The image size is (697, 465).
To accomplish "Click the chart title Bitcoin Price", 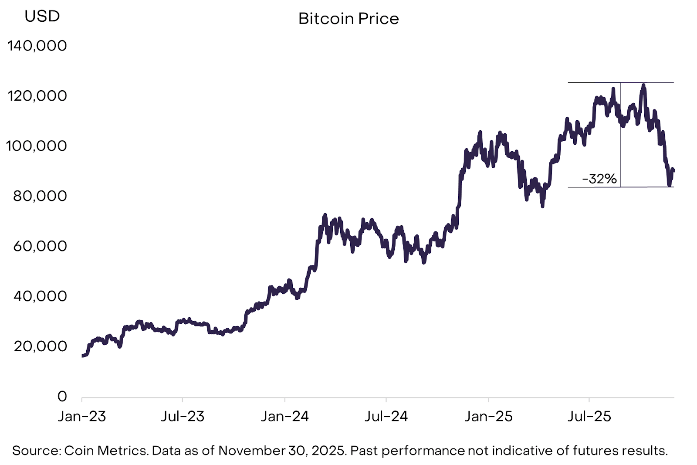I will point(348,19).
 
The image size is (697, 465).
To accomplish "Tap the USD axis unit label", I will point(42,16).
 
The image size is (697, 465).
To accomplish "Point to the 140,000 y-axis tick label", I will point(37,45).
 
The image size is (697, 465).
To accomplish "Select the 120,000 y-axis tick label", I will point(37,95).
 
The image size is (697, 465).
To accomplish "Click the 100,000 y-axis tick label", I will point(37,146).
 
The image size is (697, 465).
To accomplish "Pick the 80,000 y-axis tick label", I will point(40,196).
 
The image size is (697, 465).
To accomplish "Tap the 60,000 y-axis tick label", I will point(40,246).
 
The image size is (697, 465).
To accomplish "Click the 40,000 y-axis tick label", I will point(40,296).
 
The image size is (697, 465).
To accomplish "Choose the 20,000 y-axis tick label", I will point(40,346).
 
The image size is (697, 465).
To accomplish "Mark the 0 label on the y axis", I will point(62,396).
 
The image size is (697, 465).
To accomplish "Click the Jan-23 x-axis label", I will point(82,416).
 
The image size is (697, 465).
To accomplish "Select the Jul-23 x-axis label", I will point(183,416).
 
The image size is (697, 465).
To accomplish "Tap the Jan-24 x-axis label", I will point(285,416).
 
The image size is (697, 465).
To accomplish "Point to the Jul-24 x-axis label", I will point(386,416).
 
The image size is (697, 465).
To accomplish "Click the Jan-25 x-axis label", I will point(488,416).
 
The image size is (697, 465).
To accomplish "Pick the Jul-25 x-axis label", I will point(589,416).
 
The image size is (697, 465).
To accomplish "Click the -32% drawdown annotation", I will point(599,179).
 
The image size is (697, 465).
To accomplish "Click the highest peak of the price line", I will point(643,85).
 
